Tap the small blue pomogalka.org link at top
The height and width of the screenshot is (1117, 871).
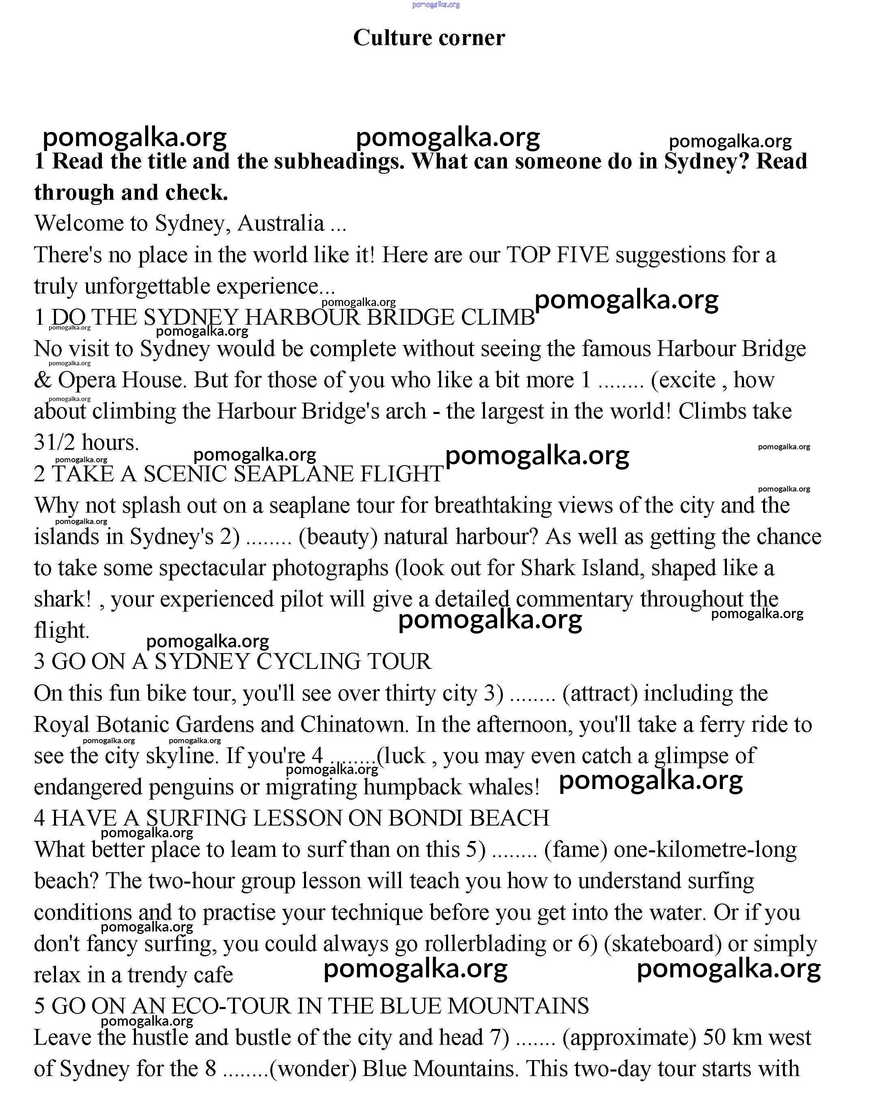435,4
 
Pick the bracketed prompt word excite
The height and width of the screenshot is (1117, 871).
686,380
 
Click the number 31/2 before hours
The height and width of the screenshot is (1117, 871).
55,442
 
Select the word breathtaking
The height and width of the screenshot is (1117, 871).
493,505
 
